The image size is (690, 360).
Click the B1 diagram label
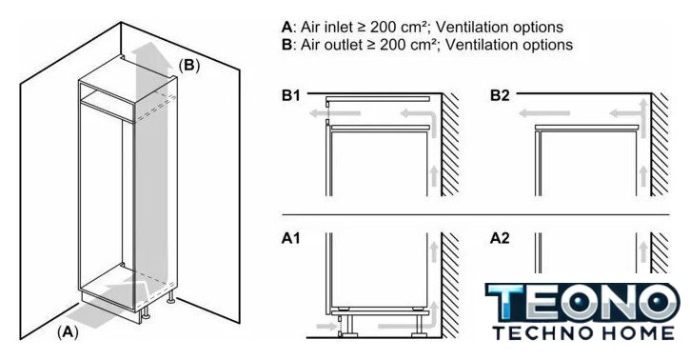290,95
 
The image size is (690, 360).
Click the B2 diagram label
500,95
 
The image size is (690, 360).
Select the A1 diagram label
290,238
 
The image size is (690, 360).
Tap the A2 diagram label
500,238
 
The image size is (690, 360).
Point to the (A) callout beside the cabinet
68,331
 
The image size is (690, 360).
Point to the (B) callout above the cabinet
189,66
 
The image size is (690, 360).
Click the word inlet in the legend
339,28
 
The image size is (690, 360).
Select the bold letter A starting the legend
286,28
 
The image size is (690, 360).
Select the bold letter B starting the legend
286,45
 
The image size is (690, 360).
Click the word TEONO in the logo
582,302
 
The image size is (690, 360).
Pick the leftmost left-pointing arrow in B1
334,113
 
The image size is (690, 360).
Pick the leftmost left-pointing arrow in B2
544,113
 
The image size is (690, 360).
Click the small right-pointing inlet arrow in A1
326,327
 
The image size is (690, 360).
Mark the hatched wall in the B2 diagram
660,145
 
